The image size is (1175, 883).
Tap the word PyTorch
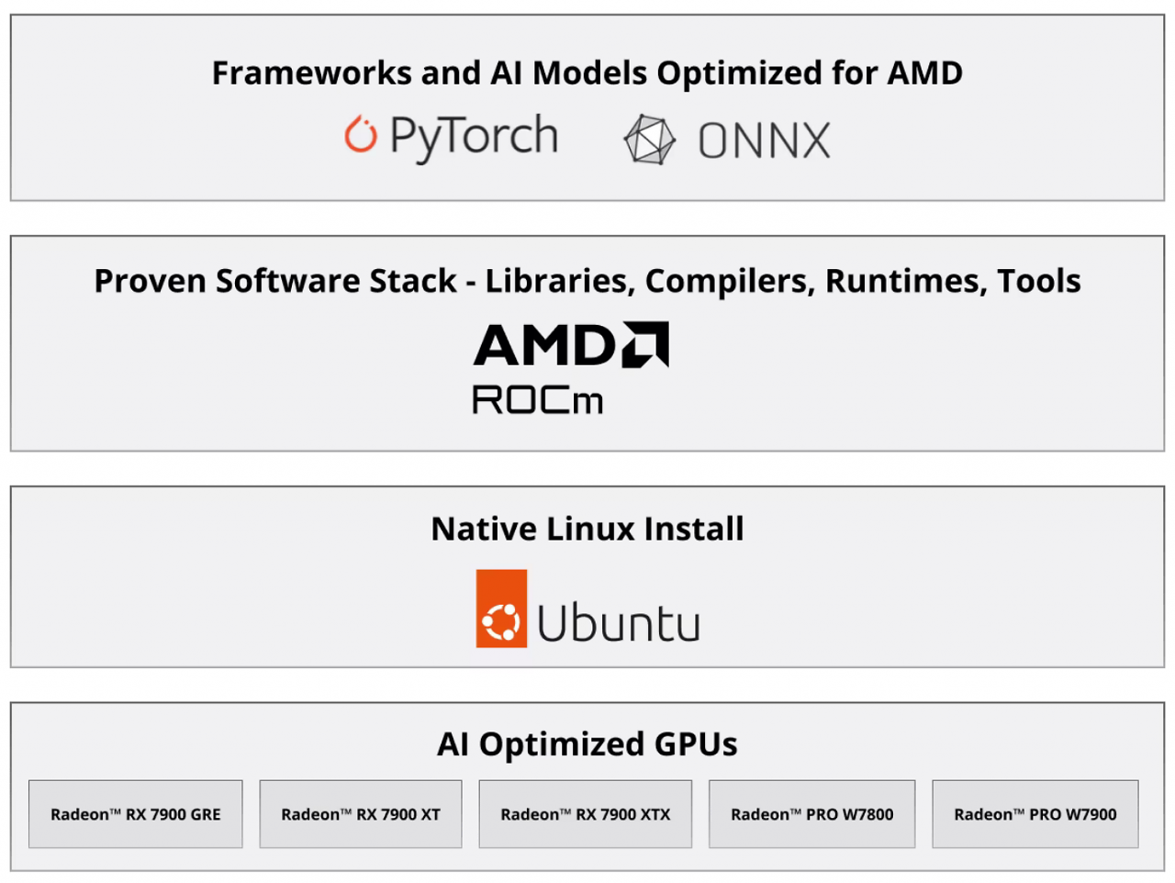[475, 138]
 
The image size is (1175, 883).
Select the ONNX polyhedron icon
[649, 140]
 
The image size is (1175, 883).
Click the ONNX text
[765, 140]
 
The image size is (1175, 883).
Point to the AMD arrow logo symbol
[645, 344]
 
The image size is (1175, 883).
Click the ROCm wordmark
[537, 400]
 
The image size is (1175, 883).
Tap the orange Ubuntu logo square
[501, 609]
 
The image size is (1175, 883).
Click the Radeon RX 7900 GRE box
[136, 814]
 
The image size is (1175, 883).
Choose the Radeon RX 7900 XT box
[361, 814]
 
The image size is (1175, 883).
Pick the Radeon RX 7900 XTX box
[585, 814]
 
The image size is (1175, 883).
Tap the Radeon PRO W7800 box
[812, 814]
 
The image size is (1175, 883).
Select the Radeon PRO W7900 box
[1035, 814]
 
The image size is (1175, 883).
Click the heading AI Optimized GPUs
[587, 743]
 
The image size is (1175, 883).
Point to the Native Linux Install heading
[587, 529]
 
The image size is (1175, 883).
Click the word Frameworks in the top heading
[311, 73]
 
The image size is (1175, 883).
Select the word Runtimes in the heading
[906, 282]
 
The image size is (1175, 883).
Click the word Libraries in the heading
[560, 282]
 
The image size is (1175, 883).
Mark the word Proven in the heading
[151, 282]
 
